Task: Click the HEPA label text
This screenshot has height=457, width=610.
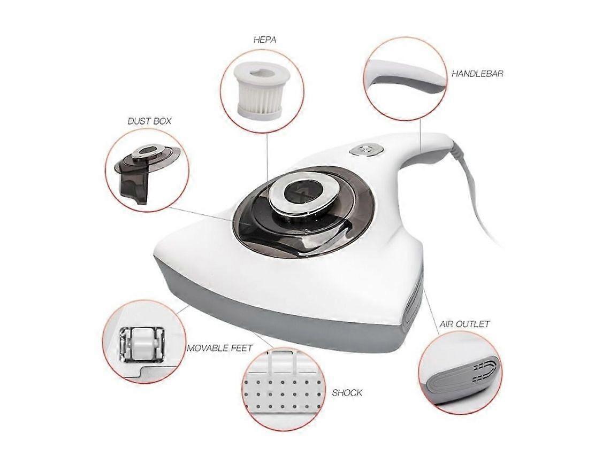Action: (264, 39)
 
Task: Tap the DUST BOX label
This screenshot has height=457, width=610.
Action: (149, 121)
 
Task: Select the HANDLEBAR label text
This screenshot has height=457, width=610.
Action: (477, 73)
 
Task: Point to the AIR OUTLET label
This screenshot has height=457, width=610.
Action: (464, 324)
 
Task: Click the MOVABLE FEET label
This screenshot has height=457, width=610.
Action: (220, 348)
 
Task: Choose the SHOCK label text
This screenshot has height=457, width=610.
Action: (347, 392)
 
